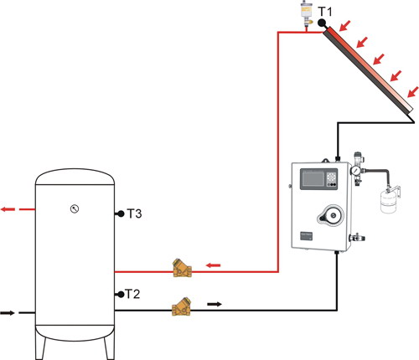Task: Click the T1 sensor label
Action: click(x=325, y=12)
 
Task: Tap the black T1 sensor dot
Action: click(x=321, y=23)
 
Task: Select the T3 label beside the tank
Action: click(x=134, y=213)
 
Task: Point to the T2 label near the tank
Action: click(x=132, y=294)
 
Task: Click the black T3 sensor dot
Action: click(x=121, y=213)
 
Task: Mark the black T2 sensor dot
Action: click(x=121, y=294)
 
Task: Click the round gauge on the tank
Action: click(x=75, y=208)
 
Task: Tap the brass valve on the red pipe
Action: click(x=182, y=268)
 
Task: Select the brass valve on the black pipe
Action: click(x=182, y=306)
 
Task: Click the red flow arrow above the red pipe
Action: click(x=213, y=265)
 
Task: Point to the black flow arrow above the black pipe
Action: click(x=215, y=304)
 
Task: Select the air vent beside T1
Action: click(x=306, y=14)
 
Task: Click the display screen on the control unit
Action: click(x=313, y=179)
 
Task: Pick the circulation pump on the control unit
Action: click(x=331, y=215)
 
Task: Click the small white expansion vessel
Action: click(x=388, y=201)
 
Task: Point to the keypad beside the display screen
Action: click(x=332, y=177)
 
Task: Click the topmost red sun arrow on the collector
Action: click(x=344, y=26)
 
